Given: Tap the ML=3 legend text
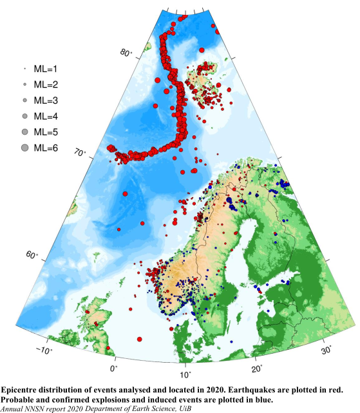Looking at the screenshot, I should (46, 101).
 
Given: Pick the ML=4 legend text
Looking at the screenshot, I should (46, 116).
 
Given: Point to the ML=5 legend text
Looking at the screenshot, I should (46, 132).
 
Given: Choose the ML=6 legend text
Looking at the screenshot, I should (46, 148).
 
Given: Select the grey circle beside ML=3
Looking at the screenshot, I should (24, 101).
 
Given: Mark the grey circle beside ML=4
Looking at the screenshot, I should (24, 117).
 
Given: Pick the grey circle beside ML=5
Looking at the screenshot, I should (24, 132).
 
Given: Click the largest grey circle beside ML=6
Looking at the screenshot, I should (24, 148).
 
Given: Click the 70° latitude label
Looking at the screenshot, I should (80, 154).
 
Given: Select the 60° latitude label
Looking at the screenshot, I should (32, 256).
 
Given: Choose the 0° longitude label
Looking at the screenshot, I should (113, 369).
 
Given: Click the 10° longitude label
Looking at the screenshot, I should (185, 374).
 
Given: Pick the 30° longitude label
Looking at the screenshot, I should (327, 350).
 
